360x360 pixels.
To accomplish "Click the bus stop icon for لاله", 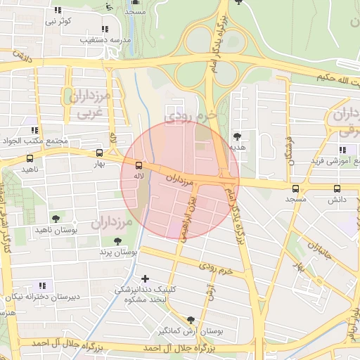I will coord(138,165).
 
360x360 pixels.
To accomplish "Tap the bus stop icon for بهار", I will coord(98,153).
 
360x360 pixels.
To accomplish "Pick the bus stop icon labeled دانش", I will coord(337,188).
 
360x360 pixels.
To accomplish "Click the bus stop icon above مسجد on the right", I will coord(295,188).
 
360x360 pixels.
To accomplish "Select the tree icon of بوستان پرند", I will coord(117,241).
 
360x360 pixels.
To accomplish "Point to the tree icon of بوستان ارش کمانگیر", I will coord(191,320).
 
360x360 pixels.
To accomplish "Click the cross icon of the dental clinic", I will coord(146,278).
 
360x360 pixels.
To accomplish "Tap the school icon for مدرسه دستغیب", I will coord(105,30).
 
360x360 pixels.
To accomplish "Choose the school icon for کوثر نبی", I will coord(58,10).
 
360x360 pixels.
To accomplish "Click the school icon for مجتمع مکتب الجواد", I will coord(34,130).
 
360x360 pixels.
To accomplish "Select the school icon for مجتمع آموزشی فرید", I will coord(342,150).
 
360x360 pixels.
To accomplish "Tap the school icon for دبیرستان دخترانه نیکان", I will coord(42,285).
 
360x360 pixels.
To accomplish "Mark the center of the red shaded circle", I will coord(180,180).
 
